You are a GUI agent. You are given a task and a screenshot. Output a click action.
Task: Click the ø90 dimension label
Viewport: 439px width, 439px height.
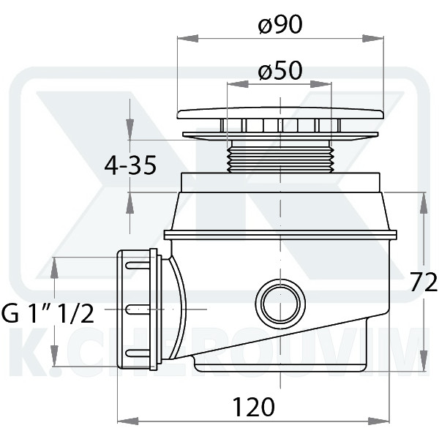280,24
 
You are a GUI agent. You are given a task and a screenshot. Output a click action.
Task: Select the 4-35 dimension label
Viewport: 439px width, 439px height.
130,165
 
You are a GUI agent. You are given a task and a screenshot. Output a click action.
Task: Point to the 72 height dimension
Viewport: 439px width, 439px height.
424,282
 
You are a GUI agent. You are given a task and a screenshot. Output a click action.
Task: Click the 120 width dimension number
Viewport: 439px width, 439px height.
254,407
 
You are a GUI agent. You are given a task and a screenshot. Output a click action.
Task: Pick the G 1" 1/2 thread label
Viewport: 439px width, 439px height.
48,313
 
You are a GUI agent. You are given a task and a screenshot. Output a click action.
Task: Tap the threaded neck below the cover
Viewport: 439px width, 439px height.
280,157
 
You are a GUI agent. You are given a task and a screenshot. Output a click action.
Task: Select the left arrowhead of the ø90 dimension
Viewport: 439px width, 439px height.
188,39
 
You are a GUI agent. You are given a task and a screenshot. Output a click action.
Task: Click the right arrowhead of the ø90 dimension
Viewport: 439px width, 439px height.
373,39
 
